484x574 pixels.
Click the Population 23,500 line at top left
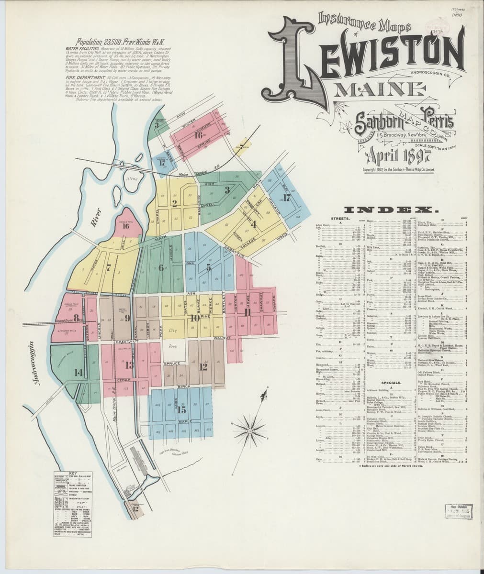coord(103,43)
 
